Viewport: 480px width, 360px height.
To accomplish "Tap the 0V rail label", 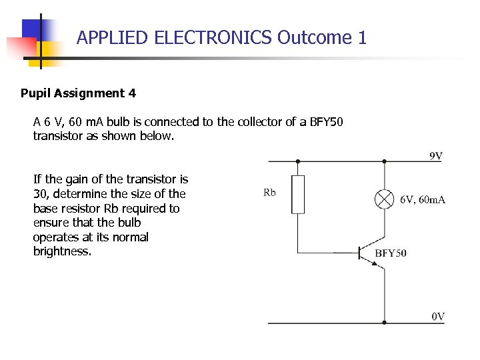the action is click(x=437, y=317).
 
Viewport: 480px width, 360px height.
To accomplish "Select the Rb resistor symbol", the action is click(x=298, y=194).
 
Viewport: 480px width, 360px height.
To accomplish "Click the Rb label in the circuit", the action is click(x=269, y=193).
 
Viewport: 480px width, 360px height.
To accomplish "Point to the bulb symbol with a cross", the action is click(x=384, y=199).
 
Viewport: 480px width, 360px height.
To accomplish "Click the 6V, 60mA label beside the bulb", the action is click(x=423, y=199).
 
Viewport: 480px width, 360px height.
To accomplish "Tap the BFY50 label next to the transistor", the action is click(x=391, y=253).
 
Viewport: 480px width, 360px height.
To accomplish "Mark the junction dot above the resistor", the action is click(x=298, y=161).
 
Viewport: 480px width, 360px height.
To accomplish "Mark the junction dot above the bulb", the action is click(x=384, y=161).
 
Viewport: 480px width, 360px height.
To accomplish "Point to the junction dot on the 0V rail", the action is click(x=384, y=323).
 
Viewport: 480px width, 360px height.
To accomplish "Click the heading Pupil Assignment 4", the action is click(x=78, y=93).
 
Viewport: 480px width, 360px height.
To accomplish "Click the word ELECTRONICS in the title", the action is click(x=213, y=37).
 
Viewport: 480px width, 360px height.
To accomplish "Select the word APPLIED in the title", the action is click(x=112, y=37).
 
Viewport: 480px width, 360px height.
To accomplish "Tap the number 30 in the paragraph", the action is click(x=41, y=194).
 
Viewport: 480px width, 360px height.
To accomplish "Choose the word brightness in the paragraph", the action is click(x=62, y=251).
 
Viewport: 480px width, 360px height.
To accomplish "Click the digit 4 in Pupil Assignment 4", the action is click(x=132, y=93).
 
